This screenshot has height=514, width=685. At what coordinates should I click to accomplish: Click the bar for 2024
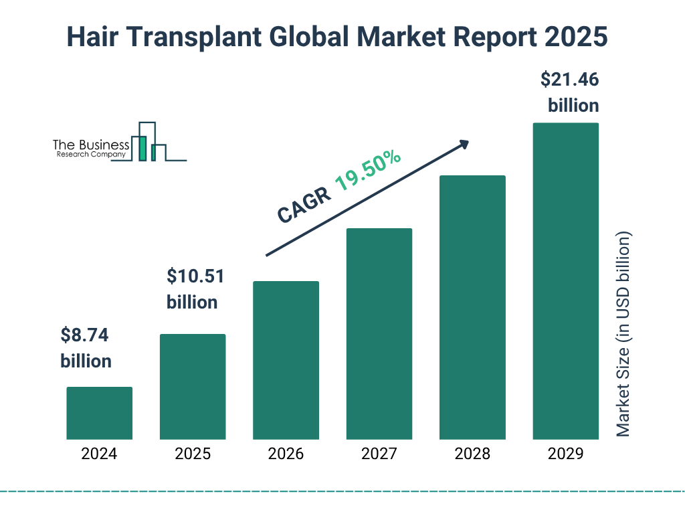99,413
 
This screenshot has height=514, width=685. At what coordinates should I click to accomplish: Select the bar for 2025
193,387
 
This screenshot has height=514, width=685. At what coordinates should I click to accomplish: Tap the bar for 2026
286,360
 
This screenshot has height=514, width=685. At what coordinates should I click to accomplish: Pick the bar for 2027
379,334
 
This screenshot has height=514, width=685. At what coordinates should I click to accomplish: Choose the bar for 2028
472,307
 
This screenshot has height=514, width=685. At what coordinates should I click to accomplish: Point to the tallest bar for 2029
565,281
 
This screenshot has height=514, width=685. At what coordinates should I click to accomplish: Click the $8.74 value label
84,335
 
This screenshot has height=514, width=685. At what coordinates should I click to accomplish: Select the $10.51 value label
195,276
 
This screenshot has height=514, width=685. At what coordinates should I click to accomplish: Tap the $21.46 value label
569,80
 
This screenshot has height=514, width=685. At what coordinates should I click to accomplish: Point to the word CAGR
303,205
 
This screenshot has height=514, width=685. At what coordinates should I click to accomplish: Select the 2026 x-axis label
286,454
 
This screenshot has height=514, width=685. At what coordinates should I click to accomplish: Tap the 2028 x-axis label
472,454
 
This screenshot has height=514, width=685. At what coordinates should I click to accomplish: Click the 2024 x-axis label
99,454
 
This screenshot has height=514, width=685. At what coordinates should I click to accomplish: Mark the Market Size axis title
623,335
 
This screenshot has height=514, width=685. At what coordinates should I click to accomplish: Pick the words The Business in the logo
91,145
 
